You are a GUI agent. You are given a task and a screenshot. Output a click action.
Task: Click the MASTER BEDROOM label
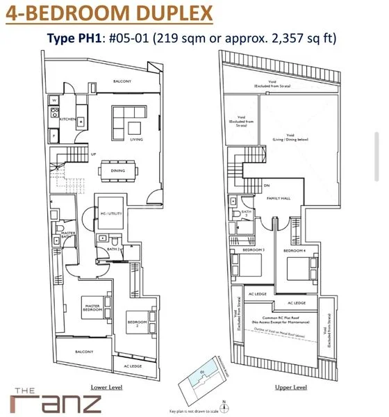[93, 306]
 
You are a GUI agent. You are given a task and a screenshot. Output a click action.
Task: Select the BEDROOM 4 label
[294, 250]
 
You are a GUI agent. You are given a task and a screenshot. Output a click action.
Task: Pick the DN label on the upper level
[267, 186]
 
